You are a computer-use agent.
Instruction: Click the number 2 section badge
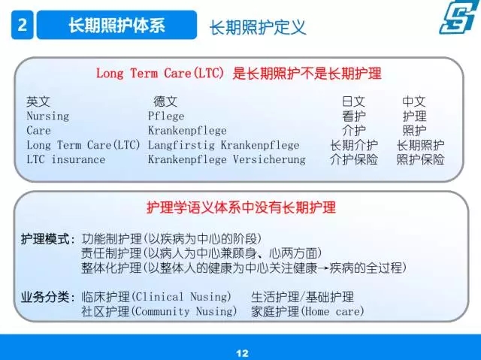click(x=22, y=25)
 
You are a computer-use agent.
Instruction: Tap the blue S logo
click(x=459, y=17)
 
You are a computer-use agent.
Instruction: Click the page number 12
click(x=242, y=353)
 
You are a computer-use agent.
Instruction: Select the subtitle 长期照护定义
click(x=258, y=27)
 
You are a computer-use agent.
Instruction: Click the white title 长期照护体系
click(x=116, y=25)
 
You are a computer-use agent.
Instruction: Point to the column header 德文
click(x=165, y=101)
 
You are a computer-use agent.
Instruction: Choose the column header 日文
click(x=353, y=101)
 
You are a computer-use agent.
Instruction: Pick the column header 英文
click(x=38, y=101)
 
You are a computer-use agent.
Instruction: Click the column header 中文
click(x=414, y=101)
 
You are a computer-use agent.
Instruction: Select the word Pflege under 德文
click(x=166, y=116)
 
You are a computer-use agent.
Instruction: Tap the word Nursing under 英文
click(x=48, y=116)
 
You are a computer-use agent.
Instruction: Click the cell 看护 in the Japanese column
click(x=353, y=116)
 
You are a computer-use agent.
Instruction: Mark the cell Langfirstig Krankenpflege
click(x=223, y=145)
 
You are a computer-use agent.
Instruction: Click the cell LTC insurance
click(x=65, y=159)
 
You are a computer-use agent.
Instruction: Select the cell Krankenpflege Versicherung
click(x=227, y=159)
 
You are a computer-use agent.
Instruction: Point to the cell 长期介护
click(x=354, y=145)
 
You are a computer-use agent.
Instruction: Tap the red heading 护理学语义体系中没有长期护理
click(x=241, y=207)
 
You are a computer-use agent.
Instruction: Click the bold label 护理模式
click(x=45, y=239)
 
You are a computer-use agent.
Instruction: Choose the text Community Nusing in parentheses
click(x=183, y=312)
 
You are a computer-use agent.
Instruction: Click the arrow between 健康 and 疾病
click(x=323, y=268)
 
